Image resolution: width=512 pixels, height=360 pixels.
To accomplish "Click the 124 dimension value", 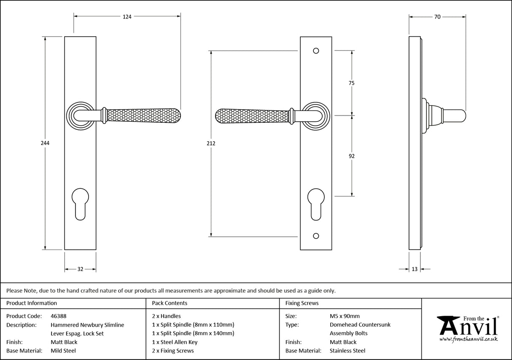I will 127,17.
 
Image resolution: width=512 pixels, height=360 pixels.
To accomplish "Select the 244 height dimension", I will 45,143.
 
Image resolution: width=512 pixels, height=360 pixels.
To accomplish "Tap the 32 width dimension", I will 80,269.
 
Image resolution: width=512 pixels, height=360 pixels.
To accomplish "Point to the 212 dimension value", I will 211,143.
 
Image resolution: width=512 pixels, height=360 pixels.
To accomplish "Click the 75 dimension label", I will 352,83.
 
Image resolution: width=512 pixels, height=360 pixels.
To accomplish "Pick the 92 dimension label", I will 352,156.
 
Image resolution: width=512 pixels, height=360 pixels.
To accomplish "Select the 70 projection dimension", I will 437,17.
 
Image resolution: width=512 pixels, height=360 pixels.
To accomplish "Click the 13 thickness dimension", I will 415,269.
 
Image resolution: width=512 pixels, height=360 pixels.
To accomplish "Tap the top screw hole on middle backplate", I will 316,51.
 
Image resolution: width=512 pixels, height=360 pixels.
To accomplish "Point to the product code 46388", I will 58,316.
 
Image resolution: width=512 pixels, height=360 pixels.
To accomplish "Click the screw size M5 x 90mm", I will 345,316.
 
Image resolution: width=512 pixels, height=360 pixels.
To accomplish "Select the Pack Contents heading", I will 170,303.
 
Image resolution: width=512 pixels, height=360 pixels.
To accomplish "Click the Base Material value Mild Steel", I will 63,351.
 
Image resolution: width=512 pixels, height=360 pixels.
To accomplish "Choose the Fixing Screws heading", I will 302,303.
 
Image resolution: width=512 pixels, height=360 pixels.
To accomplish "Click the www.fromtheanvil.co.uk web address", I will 468,339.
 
